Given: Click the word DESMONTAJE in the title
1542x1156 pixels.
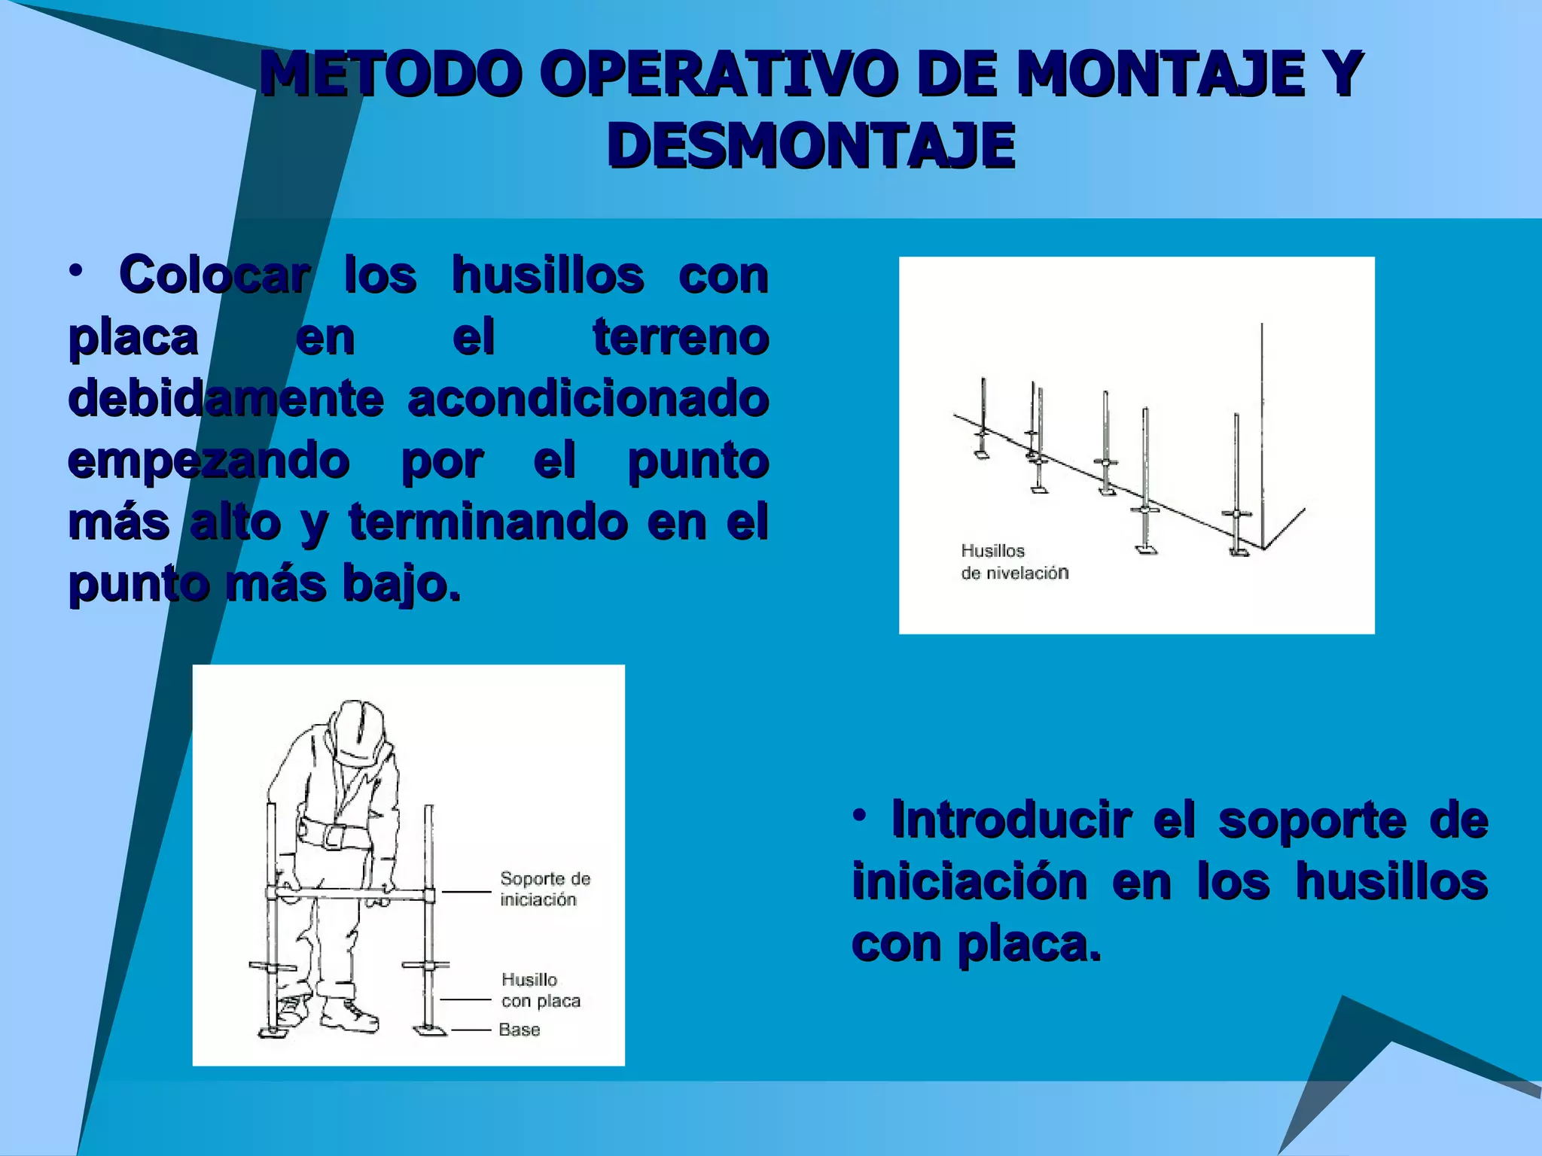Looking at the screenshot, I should pos(811,145).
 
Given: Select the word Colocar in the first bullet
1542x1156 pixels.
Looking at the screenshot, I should pos(214,275).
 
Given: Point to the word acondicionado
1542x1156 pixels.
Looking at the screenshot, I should pos(588,398).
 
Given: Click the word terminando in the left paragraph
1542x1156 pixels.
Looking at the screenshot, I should pos(488,522).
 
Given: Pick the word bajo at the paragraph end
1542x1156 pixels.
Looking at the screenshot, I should pos(399,583).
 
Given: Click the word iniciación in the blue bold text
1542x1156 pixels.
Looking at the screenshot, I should pos(969,881).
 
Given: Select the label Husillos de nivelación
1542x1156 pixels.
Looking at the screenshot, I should pos(1013,561).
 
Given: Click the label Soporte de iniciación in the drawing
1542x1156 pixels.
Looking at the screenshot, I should pos(545,889).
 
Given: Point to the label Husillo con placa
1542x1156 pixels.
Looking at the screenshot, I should pos(541,990).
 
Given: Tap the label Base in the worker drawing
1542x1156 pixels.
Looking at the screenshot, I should pos(520,1030).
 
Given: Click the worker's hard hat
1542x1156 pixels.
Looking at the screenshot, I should pos(361,730).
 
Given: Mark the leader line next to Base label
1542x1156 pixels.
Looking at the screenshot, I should pos(471,1030).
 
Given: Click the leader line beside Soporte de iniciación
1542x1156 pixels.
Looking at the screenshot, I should pos(467,893).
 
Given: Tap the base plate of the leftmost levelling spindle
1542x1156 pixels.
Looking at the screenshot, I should pos(981,453).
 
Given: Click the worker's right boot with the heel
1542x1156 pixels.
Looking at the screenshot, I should pos(350,1016).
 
